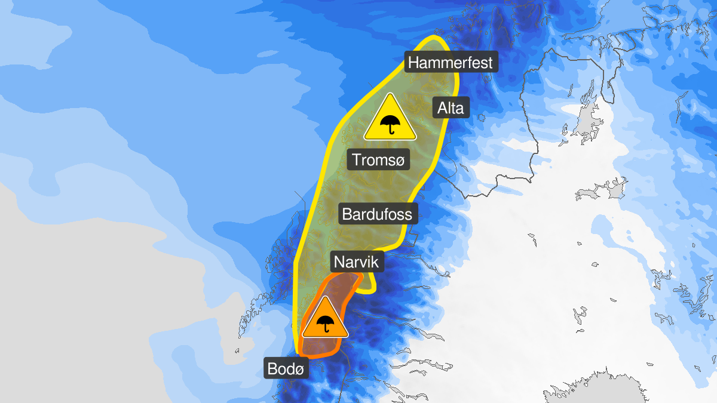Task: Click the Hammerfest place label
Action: click(x=451, y=62)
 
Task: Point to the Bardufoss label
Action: click(x=378, y=213)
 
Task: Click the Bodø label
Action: click(x=286, y=369)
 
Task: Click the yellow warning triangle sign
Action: click(x=390, y=120)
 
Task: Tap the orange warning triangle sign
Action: click(x=325, y=320)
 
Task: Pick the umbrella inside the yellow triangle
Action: click(x=390, y=124)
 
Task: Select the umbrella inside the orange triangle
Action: click(x=325, y=324)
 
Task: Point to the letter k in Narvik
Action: click(x=376, y=262)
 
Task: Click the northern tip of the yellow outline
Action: click(x=434, y=38)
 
